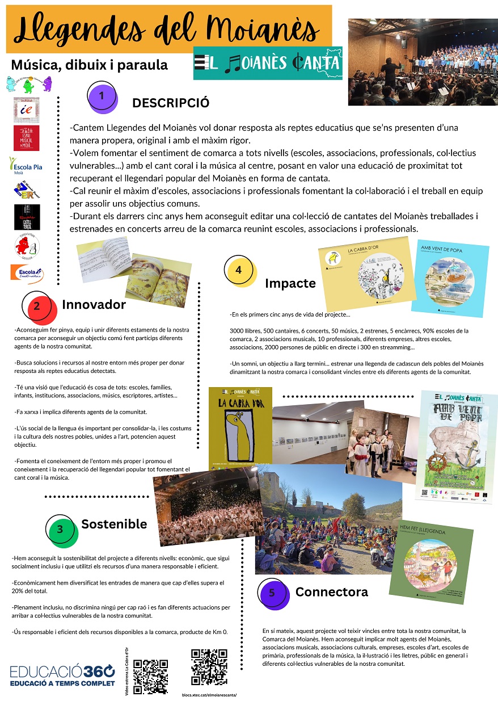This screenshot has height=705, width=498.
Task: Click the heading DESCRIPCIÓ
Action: point(171,103)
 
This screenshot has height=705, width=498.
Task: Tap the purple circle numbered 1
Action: point(102,96)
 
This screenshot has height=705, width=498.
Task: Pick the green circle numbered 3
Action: point(60,529)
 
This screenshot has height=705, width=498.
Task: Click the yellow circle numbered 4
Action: point(239,270)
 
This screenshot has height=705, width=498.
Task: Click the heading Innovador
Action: point(94,305)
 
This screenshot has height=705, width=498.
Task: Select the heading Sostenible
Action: point(114,524)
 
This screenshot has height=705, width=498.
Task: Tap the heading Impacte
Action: point(290,283)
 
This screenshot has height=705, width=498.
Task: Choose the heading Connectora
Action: point(331,592)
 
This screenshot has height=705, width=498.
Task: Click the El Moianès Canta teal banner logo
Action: point(268,63)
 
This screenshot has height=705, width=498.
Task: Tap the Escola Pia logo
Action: point(26,166)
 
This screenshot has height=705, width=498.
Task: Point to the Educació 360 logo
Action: point(62,675)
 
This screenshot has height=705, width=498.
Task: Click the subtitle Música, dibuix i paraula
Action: point(90,65)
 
